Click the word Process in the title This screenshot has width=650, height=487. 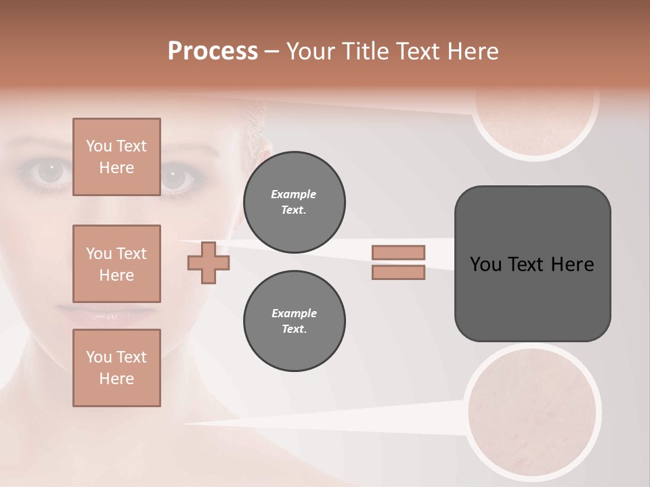(213, 51)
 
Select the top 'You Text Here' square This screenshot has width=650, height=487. (116, 157)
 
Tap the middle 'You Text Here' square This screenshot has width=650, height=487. (116, 264)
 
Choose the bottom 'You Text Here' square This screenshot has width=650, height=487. (116, 367)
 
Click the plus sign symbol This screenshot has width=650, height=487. (208, 262)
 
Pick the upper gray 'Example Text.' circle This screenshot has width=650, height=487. (294, 202)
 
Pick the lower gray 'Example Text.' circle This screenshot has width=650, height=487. (294, 321)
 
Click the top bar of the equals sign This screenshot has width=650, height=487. (398, 252)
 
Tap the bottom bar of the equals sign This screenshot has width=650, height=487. (398, 272)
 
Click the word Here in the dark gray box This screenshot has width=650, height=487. (572, 264)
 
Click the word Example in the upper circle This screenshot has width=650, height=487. (294, 194)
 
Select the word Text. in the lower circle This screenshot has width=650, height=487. (294, 329)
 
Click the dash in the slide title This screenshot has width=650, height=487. (272, 51)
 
